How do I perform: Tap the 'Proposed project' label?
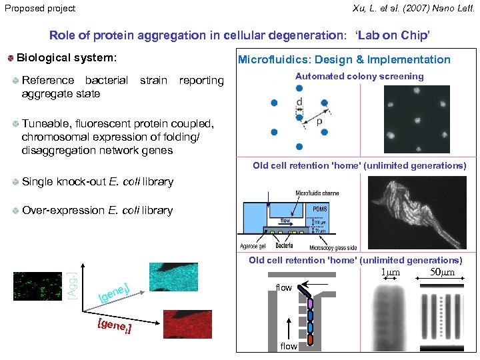(x=39, y=8)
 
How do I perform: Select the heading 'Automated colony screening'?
(x=359, y=76)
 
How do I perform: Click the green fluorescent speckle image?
(x=37, y=285)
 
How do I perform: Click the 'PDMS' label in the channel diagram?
(x=319, y=209)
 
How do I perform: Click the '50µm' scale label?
(x=442, y=272)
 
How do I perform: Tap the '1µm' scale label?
(x=390, y=272)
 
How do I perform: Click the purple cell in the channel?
(x=310, y=304)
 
